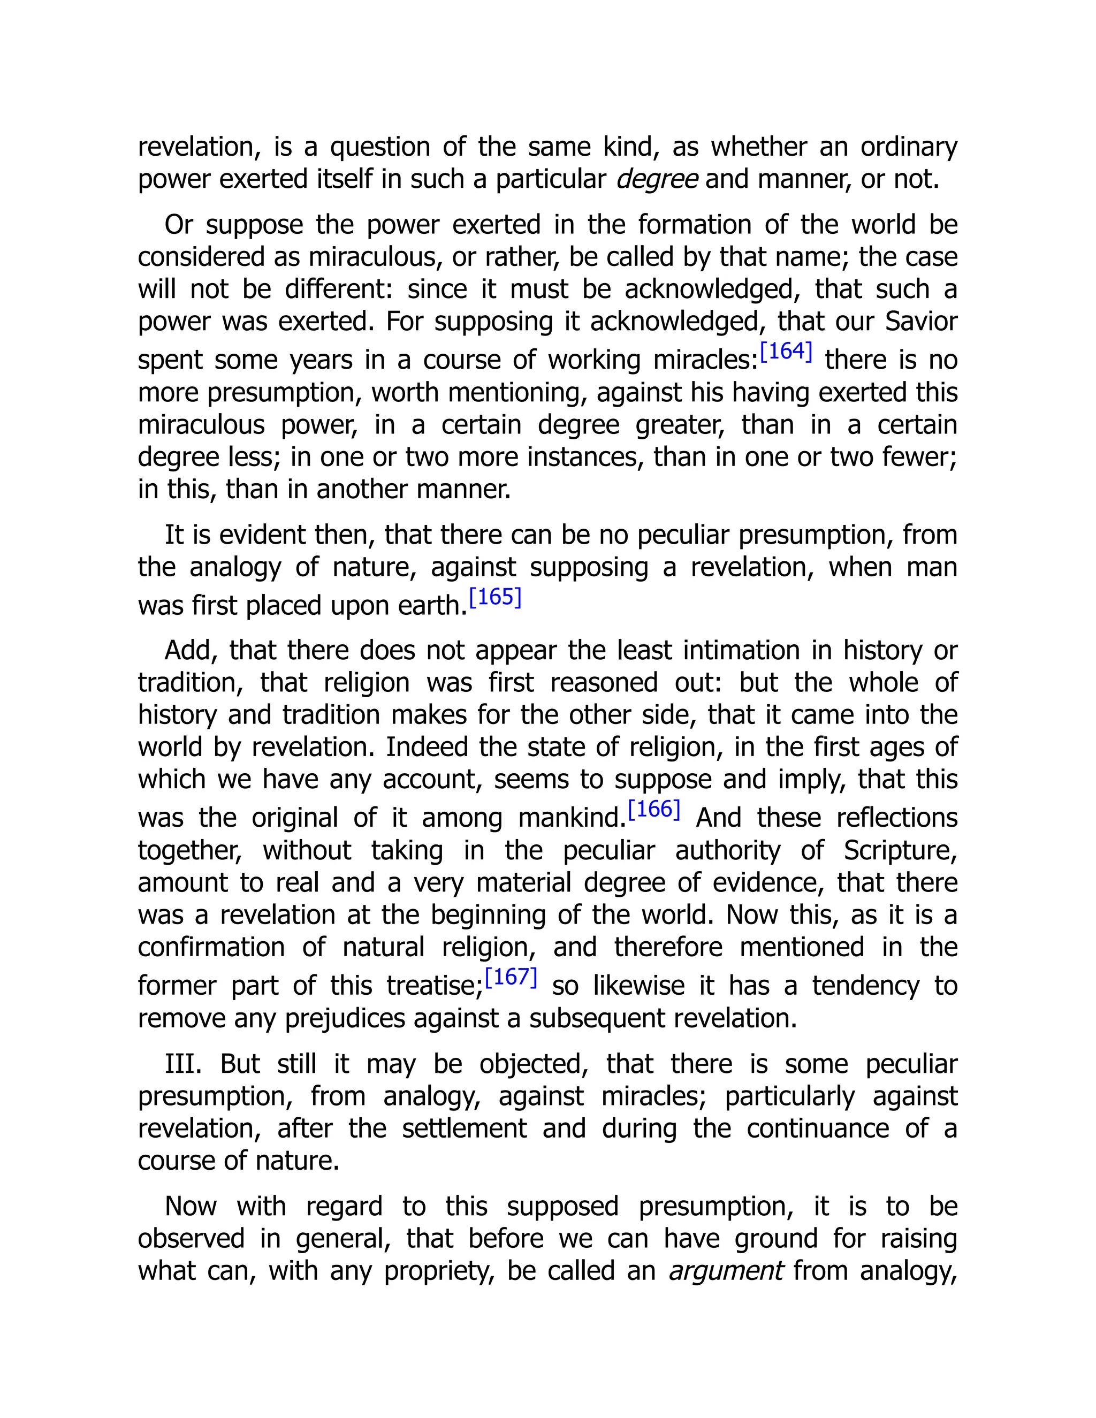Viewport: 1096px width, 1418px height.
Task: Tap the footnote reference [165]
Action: [x=495, y=597]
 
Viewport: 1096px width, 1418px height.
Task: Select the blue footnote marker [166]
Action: [x=654, y=810]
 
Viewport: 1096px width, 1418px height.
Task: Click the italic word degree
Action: [x=657, y=179]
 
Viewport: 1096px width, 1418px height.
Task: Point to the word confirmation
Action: [x=211, y=947]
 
